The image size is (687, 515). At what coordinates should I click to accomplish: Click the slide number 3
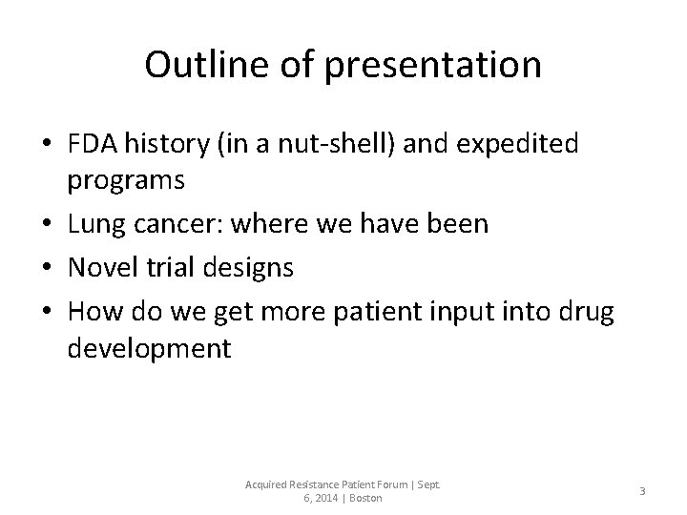pyautogui.click(x=642, y=490)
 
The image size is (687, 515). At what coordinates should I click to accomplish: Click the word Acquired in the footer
pyautogui.click(x=268, y=484)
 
